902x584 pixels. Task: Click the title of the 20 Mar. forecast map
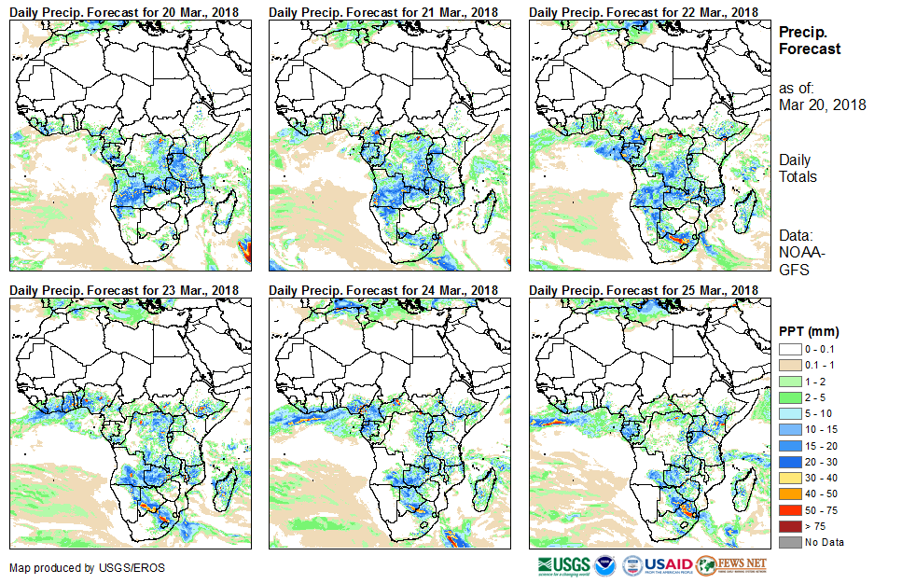pyautogui.click(x=124, y=11)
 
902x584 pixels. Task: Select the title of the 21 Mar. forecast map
pyautogui.click(x=383, y=11)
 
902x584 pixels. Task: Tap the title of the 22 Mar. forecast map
pyautogui.click(x=644, y=11)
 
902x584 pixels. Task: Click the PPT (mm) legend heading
pyautogui.click(x=809, y=331)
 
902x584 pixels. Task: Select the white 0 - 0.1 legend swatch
pyautogui.click(x=790, y=349)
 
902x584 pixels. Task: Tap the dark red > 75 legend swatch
pyautogui.click(x=790, y=526)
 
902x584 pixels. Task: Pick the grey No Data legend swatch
pyautogui.click(x=790, y=542)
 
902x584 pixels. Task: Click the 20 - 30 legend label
pyautogui.click(x=823, y=462)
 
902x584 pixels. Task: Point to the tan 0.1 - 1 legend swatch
pyautogui.click(x=790, y=365)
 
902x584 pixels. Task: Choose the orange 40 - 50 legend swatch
pyautogui.click(x=790, y=494)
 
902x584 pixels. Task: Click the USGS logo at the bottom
pyautogui.click(x=563, y=565)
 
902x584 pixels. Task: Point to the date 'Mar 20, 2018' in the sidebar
pyautogui.click(x=822, y=104)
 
